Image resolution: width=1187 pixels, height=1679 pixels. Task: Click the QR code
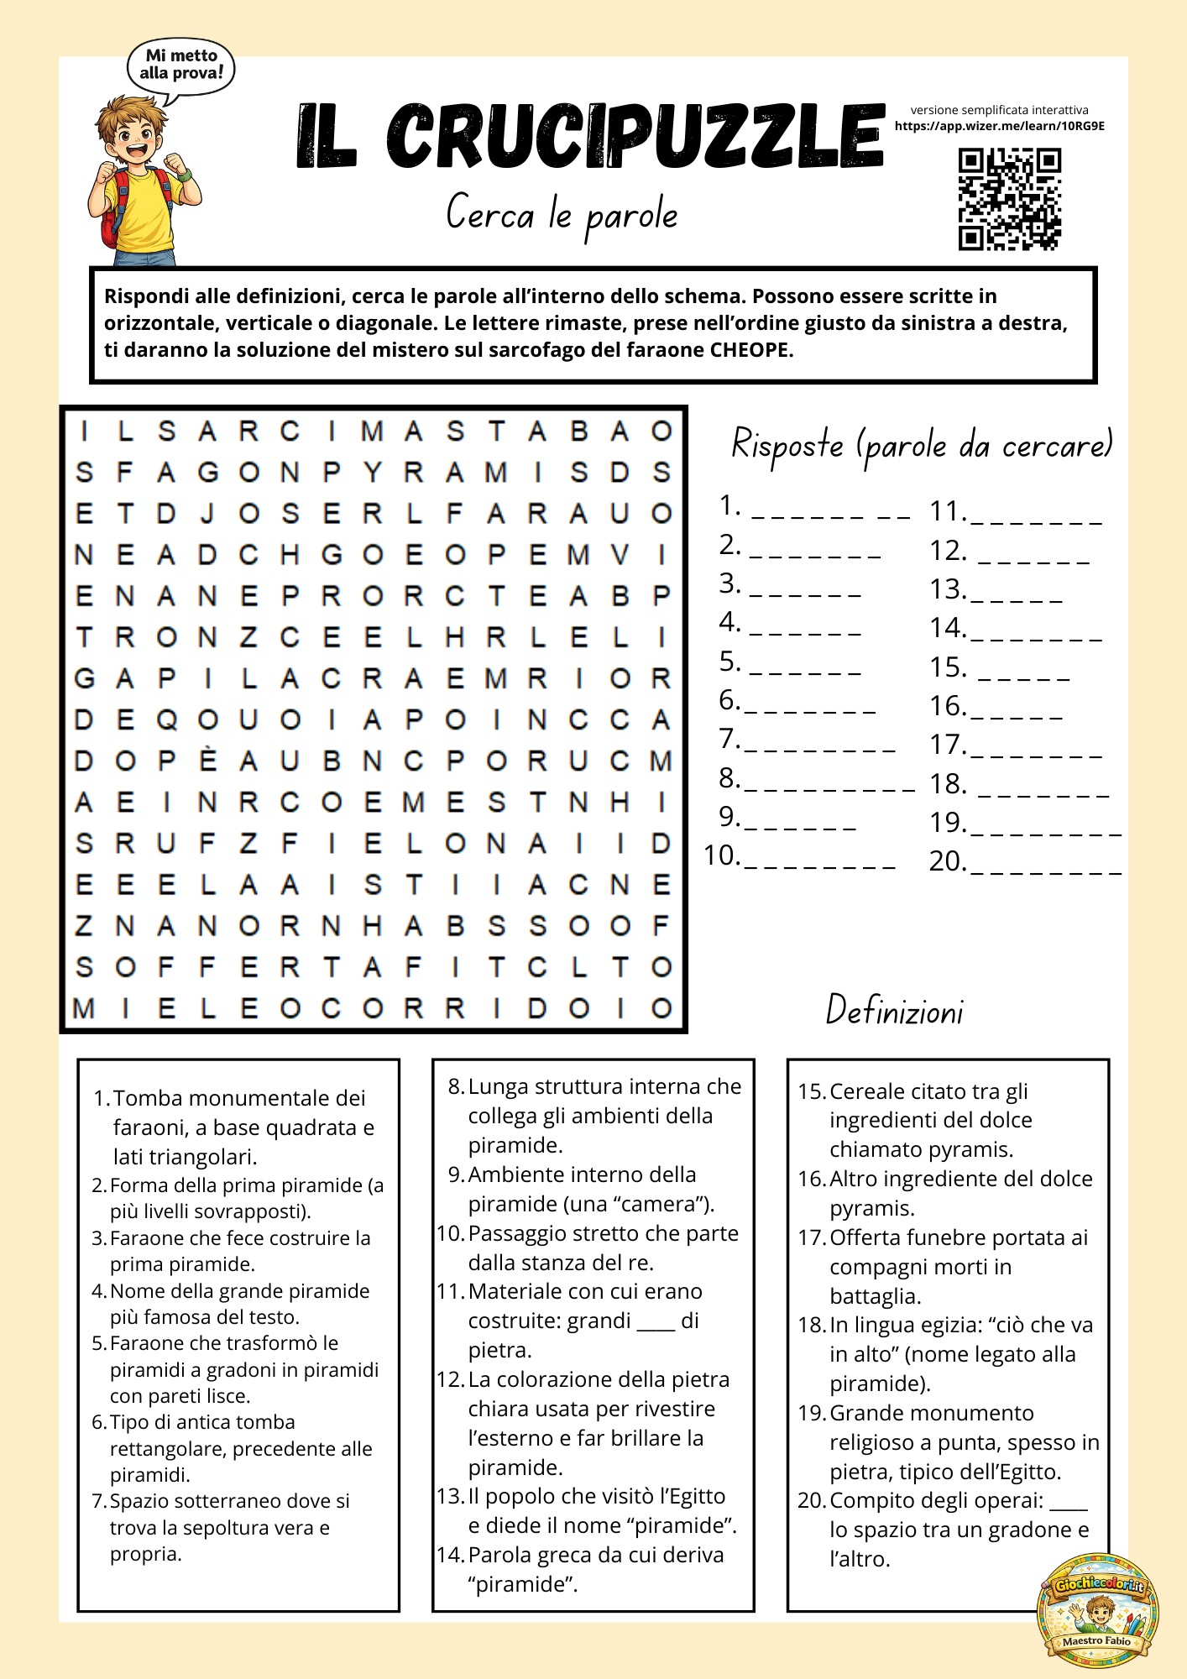click(x=1010, y=199)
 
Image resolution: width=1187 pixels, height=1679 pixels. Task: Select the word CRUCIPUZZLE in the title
click(x=635, y=136)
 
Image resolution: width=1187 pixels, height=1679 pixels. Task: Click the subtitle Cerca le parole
click(x=562, y=213)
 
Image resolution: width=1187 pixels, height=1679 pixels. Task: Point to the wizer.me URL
click(x=999, y=126)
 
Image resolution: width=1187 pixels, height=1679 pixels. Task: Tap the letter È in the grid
click(x=207, y=761)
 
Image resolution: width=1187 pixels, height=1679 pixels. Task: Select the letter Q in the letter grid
click(x=167, y=719)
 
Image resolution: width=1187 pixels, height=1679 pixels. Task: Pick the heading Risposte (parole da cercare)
click(x=921, y=443)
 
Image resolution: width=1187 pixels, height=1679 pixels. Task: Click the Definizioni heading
click(x=894, y=1010)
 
